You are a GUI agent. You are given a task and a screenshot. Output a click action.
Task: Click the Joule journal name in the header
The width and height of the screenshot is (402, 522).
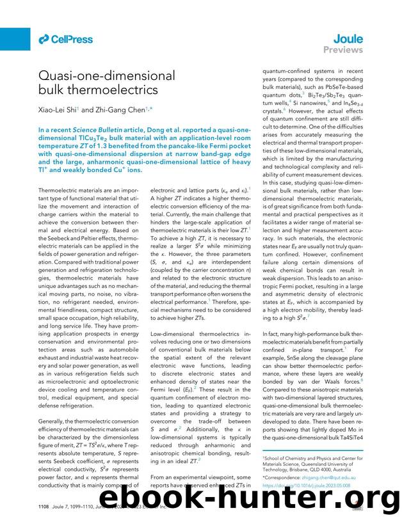348,38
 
